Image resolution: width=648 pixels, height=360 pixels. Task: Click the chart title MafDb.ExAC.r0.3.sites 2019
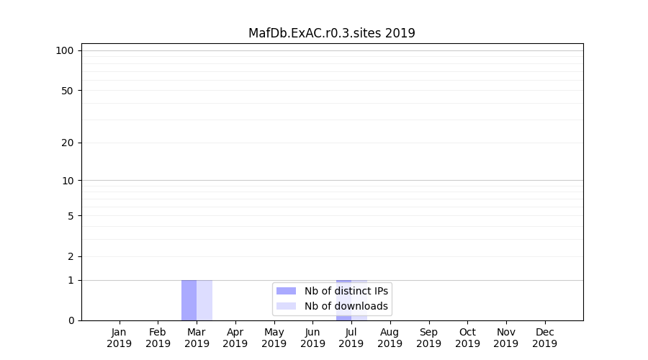(331, 33)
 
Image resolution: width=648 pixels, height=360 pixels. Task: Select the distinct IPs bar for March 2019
(189, 300)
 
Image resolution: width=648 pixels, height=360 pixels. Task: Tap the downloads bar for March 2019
(204, 300)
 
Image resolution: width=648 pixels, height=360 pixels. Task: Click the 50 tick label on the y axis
(68, 91)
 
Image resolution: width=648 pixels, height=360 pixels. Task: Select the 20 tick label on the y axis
(68, 143)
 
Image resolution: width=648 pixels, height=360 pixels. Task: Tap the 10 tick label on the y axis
(68, 181)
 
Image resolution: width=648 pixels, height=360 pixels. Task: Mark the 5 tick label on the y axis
(71, 216)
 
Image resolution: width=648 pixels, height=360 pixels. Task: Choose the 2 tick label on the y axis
(71, 256)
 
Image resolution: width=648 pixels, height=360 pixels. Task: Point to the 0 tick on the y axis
(71, 320)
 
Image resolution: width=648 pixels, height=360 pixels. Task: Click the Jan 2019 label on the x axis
(120, 338)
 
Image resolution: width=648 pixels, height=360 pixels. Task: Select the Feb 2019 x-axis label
(158, 338)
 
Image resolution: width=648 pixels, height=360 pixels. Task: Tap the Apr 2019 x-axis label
(235, 338)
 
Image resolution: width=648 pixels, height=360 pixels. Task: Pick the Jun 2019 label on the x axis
(312, 338)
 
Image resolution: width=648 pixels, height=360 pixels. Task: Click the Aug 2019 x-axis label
(390, 338)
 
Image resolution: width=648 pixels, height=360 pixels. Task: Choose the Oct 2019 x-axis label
(467, 338)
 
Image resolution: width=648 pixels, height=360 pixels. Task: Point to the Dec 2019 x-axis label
(544, 338)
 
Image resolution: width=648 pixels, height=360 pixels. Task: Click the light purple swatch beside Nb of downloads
(286, 306)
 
